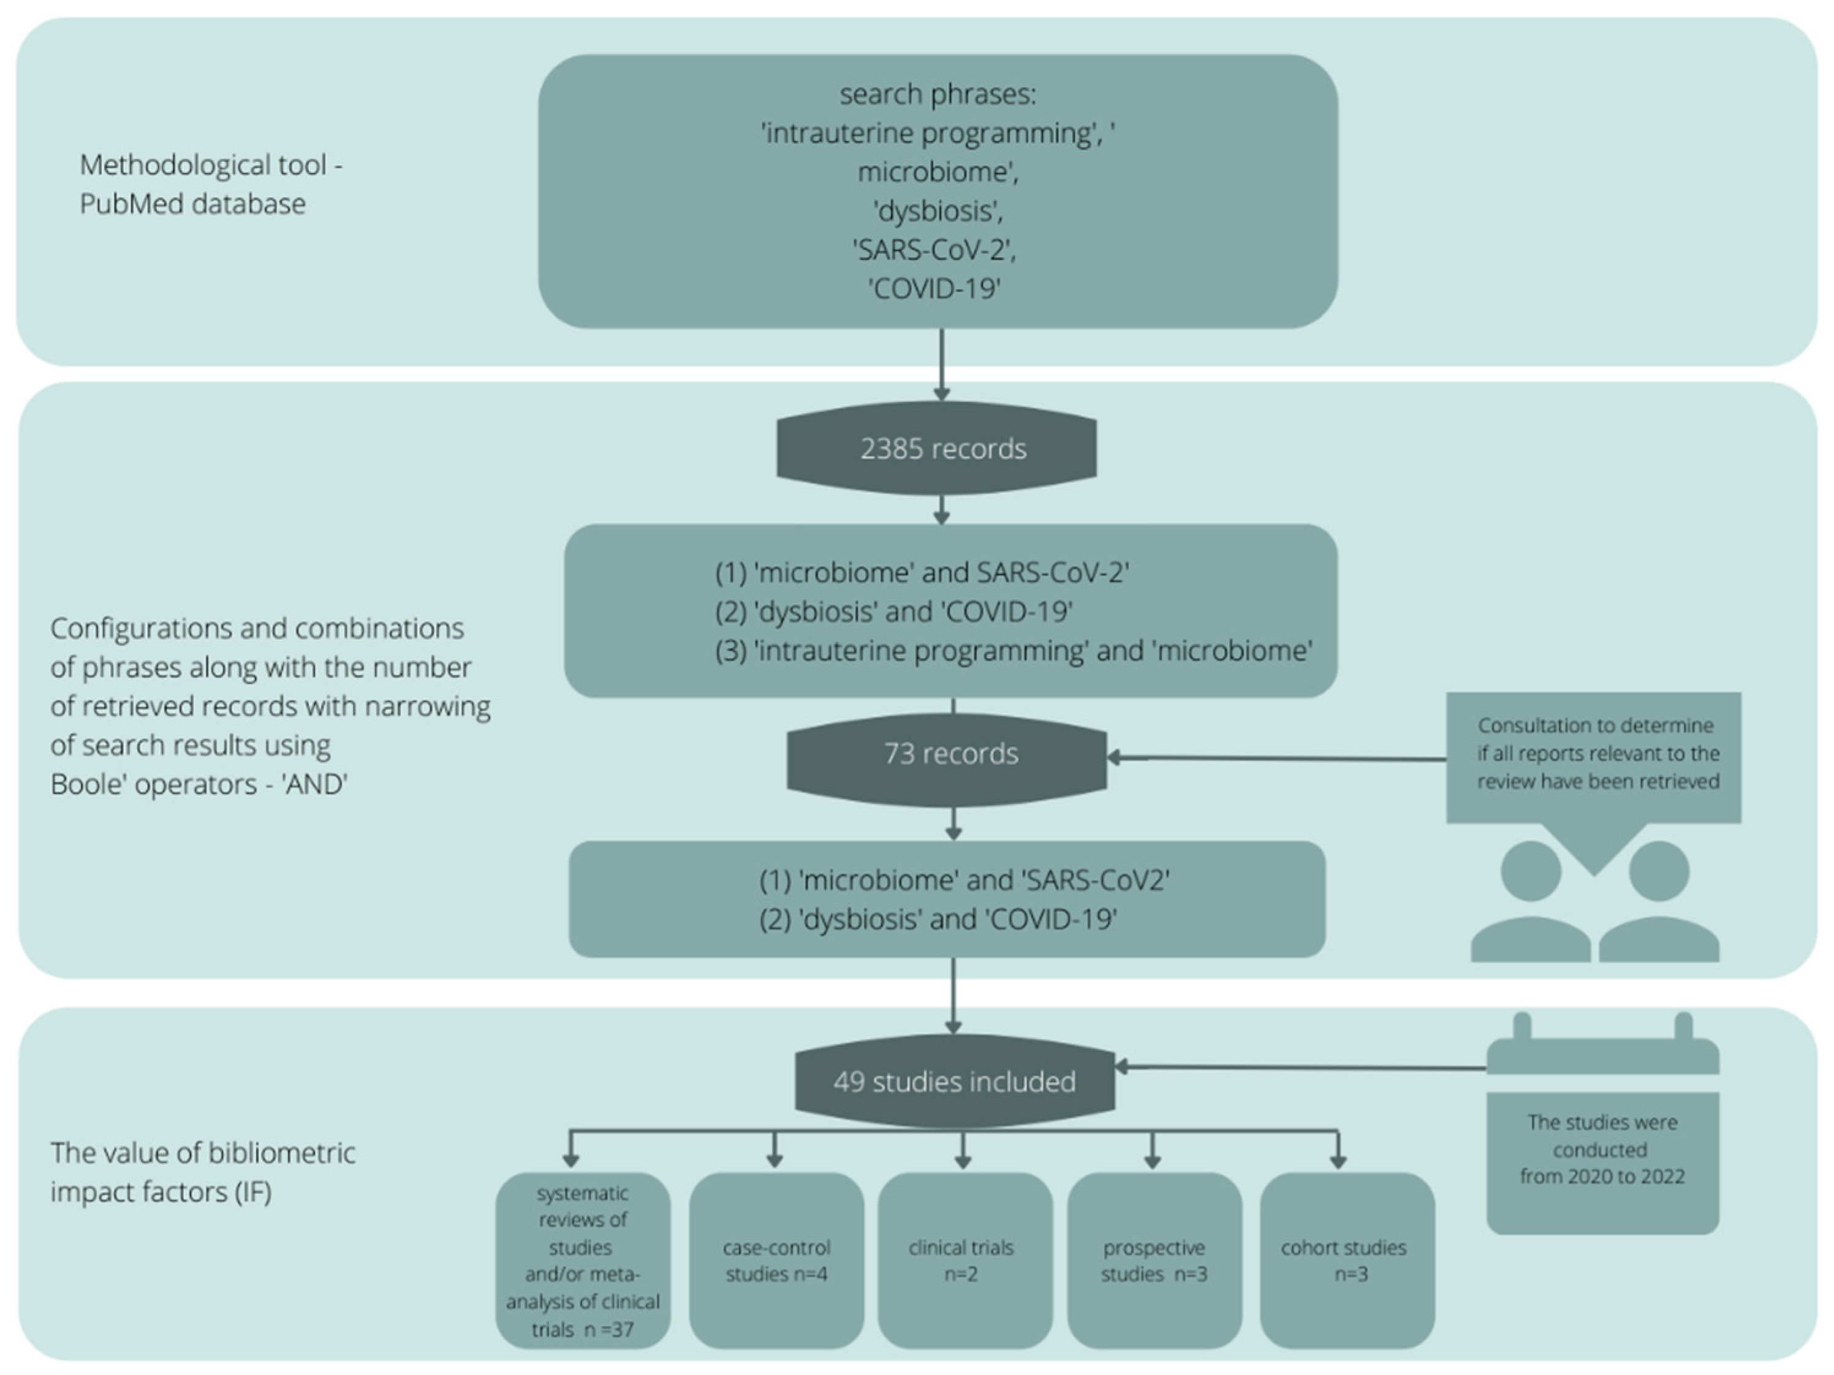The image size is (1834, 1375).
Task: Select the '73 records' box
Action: coord(947,754)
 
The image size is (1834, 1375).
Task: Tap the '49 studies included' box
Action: coord(954,1081)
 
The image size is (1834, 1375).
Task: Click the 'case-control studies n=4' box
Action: coord(776,1260)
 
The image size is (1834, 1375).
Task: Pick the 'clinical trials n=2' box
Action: coord(965,1260)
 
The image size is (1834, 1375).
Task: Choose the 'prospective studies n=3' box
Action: coord(1154,1260)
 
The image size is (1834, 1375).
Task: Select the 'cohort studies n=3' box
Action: coord(1347,1260)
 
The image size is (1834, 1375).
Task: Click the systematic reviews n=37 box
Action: coord(583,1260)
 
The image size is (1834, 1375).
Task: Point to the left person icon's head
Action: coord(1531,871)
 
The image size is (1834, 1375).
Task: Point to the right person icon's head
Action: coord(1659,871)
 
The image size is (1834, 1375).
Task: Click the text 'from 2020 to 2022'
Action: coord(1602,1177)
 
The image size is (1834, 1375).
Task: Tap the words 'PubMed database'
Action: coord(192,204)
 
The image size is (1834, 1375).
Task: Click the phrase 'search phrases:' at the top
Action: coord(938,94)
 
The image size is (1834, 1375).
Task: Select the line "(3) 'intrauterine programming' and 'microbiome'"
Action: coord(1013,651)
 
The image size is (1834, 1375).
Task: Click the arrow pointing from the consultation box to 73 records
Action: coord(1277,758)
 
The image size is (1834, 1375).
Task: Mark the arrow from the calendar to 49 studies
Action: coord(1300,1067)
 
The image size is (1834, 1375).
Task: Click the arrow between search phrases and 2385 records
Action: coord(941,365)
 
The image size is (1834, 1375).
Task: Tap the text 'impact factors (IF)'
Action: coord(161,1192)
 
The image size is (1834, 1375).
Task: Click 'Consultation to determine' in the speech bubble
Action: coord(1595,725)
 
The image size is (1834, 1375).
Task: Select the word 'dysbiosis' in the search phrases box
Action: coord(938,211)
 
